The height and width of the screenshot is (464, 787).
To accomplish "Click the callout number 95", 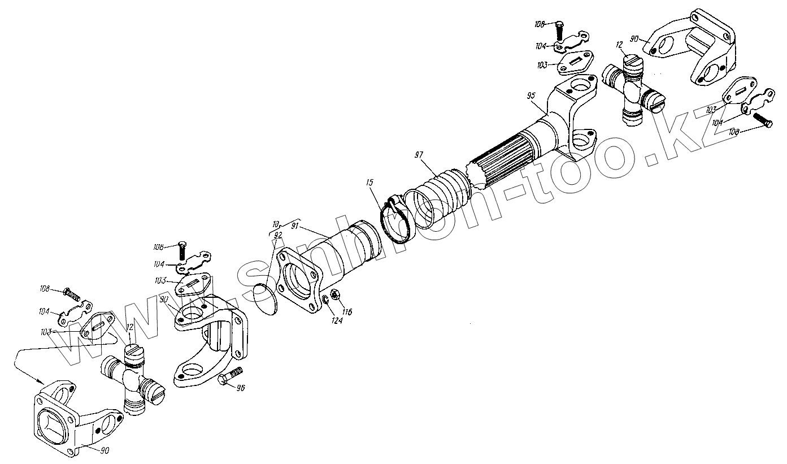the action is pyautogui.click(x=530, y=97).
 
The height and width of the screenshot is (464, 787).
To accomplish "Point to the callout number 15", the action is pyautogui.click(x=369, y=183).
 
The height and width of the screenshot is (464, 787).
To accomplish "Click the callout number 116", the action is pyautogui.click(x=346, y=311).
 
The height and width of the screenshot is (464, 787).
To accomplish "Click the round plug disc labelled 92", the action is pyautogui.click(x=266, y=297).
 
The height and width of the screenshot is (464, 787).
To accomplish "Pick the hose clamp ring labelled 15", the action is pyautogui.click(x=398, y=220).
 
